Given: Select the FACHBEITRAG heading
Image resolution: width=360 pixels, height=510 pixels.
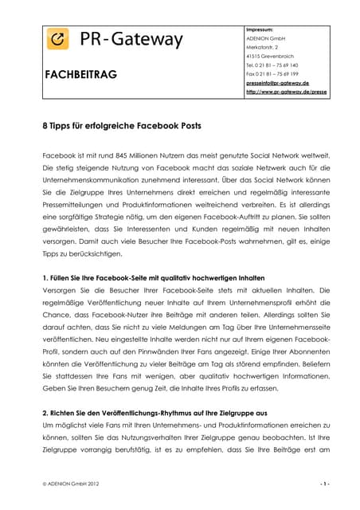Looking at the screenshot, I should [x=82, y=74].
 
